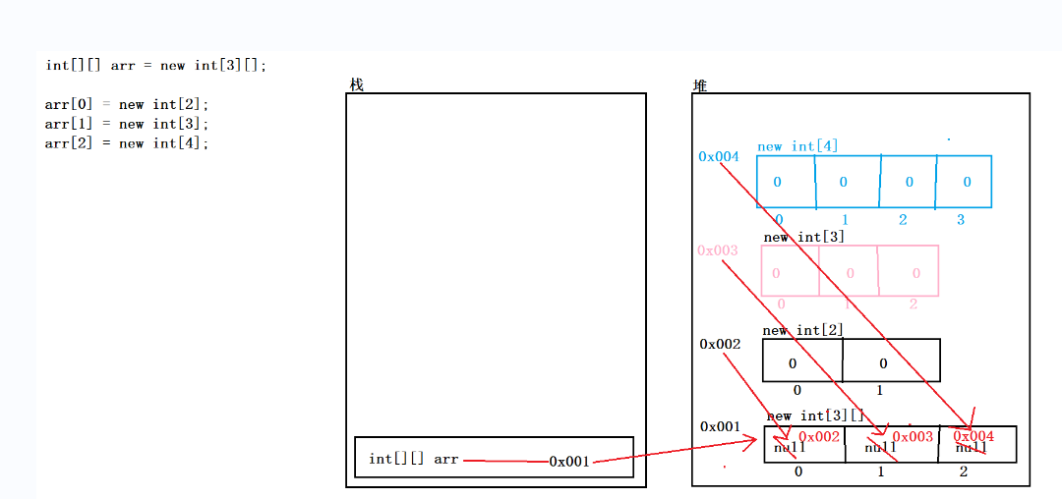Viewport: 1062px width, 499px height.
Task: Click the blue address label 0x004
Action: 718,156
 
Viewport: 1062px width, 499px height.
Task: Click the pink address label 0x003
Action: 717,250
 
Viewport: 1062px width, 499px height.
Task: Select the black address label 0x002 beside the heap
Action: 720,344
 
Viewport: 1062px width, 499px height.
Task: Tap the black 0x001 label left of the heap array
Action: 720,426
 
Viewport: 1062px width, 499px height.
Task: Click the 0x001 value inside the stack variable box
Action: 569,461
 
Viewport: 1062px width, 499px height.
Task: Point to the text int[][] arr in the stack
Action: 414,459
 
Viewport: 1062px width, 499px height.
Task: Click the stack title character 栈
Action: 356,85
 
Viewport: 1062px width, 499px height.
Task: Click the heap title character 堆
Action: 700,85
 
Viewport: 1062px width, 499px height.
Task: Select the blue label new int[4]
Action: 797,146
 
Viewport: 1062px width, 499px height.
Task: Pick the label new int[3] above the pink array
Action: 803,237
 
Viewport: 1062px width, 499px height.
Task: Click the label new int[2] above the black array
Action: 802,330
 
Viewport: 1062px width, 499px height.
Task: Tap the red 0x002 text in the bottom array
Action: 819,436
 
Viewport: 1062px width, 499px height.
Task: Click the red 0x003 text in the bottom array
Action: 913,436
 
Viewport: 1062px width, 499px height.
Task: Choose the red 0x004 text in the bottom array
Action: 973,436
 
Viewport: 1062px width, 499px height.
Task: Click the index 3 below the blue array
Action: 961,220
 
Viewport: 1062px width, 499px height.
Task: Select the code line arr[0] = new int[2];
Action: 127,104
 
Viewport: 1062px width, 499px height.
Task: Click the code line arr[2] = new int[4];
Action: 127,143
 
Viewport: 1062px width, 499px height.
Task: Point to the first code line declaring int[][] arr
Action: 155,66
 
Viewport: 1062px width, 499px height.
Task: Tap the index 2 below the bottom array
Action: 963,472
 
